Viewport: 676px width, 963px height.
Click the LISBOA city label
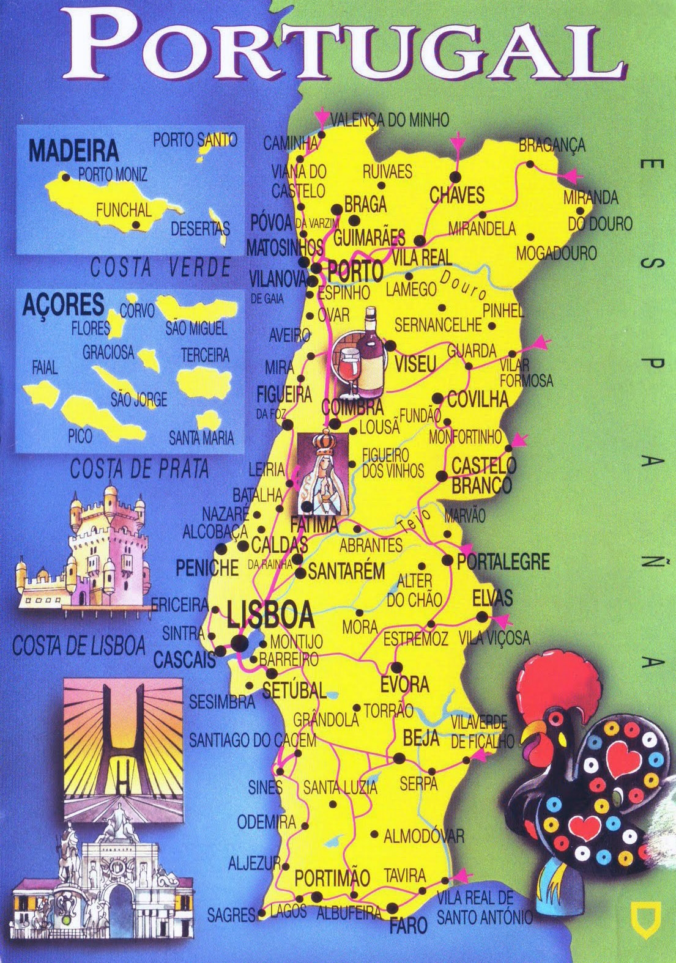pyautogui.click(x=270, y=614)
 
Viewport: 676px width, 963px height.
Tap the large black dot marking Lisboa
pyautogui.click(x=239, y=643)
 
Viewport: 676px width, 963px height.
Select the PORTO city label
pyautogui.click(x=355, y=270)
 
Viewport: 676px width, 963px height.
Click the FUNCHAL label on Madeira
pyautogui.click(x=123, y=210)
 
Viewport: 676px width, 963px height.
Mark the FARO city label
pyautogui.click(x=408, y=925)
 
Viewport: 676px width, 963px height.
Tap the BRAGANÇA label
pyautogui.click(x=552, y=146)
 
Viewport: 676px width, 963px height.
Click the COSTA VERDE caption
pyautogui.click(x=160, y=268)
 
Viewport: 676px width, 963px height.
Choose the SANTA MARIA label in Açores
pyautogui.click(x=201, y=438)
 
